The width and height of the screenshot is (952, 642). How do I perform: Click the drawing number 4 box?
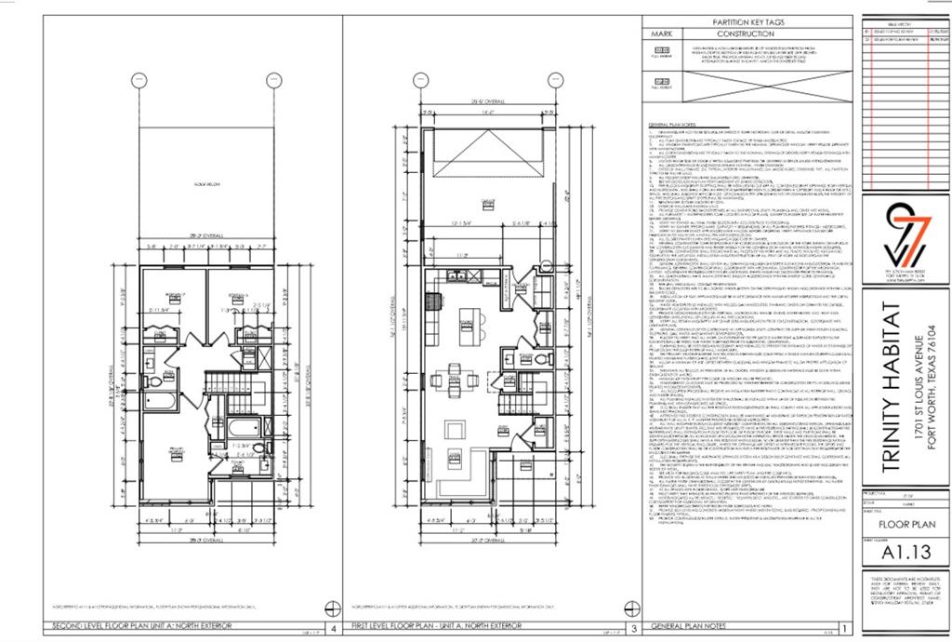pos(322,627)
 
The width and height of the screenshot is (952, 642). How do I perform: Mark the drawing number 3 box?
pos(635,627)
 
